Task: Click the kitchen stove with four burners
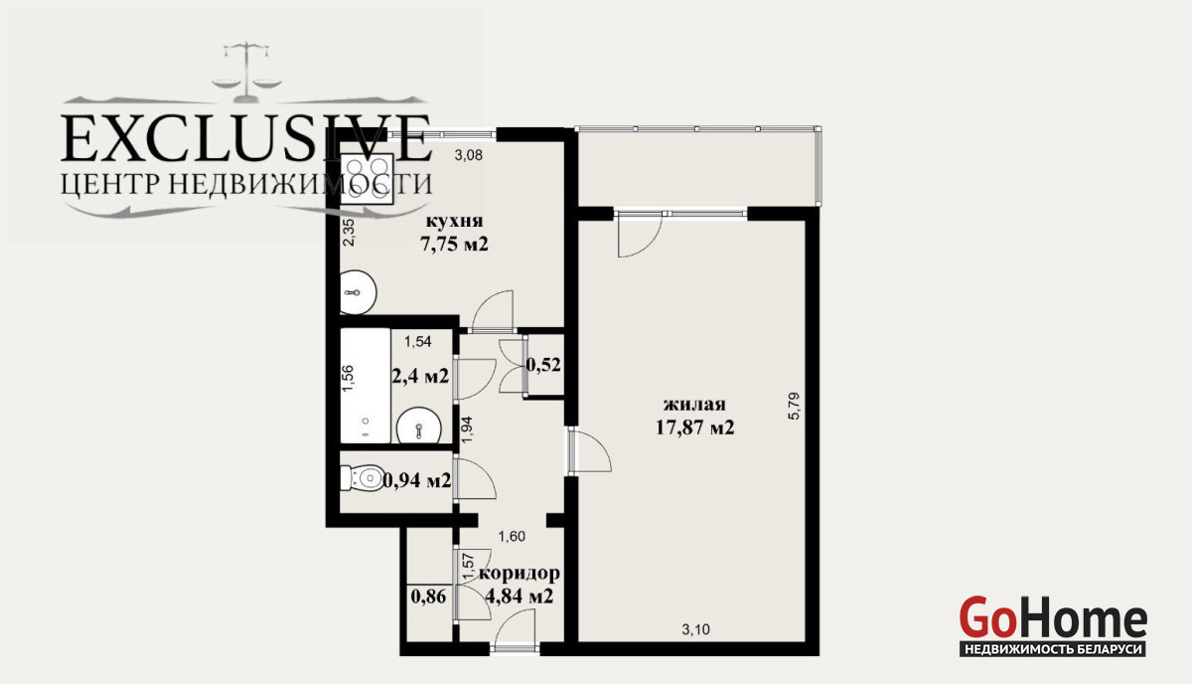point(368,179)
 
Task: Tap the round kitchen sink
point(359,292)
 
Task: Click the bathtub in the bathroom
point(366,385)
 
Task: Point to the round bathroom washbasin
point(419,427)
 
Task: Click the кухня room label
point(454,221)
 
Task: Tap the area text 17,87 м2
point(695,427)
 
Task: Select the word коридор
point(520,574)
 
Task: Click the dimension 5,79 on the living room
point(794,407)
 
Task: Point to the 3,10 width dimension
point(696,629)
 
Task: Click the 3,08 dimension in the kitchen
point(468,155)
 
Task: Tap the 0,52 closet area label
point(543,365)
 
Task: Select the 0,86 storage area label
point(428,597)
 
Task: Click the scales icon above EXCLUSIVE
point(247,72)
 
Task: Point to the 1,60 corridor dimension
point(512,537)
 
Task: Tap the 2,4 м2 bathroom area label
point(420,376)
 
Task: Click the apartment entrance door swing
point(516,627)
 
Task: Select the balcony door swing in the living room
point(640,235)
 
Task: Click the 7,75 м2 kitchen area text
point(454,244)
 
